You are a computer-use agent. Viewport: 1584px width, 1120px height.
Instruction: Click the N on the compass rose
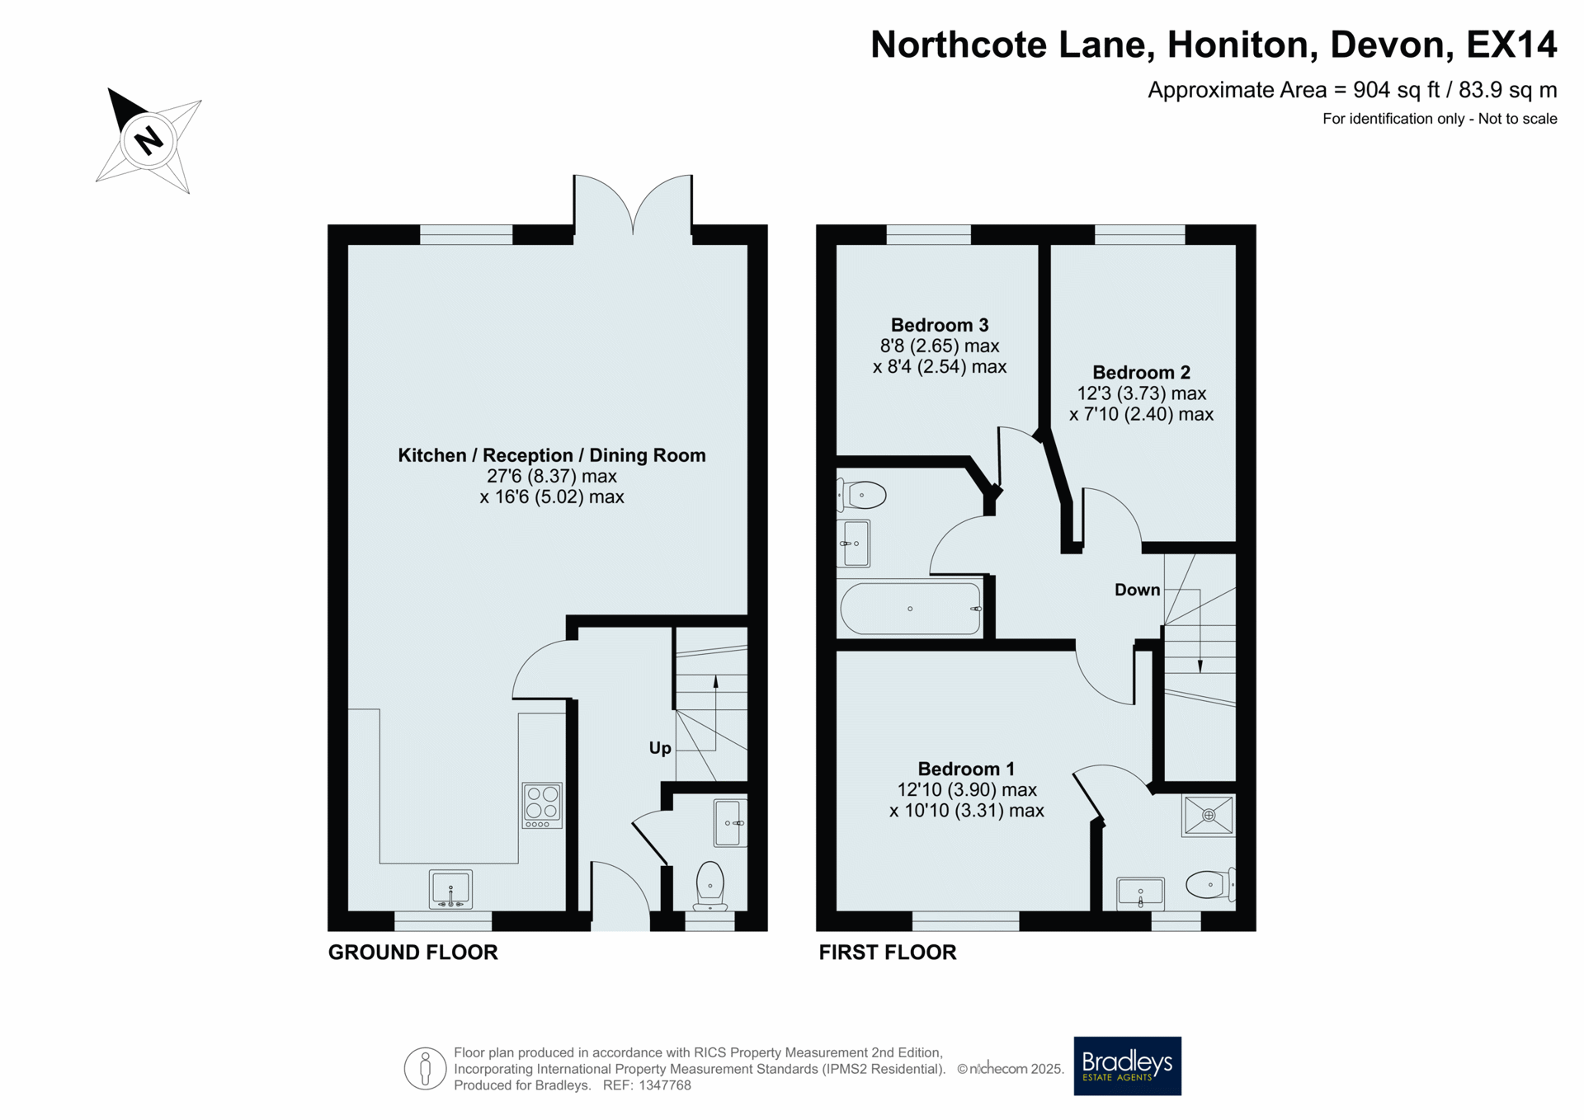click(x=148, y=140)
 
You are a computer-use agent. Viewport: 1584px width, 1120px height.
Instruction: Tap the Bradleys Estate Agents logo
click(x=1127, y=1066)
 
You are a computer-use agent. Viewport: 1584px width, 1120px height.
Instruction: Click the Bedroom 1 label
click(x=966, y=769)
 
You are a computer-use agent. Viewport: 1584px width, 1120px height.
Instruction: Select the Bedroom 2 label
click(x=1141, y=372)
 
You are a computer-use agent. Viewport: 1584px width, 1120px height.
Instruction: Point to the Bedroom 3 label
click(x=940, y=325)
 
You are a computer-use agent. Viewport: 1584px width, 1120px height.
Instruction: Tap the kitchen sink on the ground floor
click(x=450, y=890)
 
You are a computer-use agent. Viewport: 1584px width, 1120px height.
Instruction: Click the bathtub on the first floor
click(x=911, y=609)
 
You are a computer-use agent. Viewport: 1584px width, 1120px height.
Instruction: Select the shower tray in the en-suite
click(x=1209, y=816)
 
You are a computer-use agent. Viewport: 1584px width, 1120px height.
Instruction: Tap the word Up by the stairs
click(x=660, y=748)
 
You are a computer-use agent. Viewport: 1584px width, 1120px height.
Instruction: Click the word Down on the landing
click(x=1137, y=590)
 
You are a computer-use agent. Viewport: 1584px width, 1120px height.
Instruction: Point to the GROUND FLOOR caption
click(x=413, y=953)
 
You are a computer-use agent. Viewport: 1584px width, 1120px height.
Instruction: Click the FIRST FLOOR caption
click(x=888, y=953)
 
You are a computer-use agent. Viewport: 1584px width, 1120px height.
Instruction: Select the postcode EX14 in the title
click(x=1511, y=45)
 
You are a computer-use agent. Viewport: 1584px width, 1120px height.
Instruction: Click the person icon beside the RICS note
click(x=425, y=1068)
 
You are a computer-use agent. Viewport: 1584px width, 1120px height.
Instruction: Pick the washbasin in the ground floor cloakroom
click(x=730, y=823)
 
